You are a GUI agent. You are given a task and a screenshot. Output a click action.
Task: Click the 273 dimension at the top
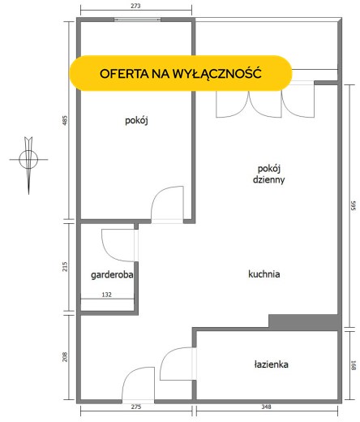point(135,6)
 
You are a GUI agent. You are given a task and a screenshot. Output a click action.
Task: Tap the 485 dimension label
point(65,120)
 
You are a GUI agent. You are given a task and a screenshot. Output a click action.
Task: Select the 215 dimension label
point(65,267)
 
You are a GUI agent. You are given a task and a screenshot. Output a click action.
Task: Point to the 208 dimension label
point(65,357)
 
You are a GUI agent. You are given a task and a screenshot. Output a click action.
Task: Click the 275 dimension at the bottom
point(136,407)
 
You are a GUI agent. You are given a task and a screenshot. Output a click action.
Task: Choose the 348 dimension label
point(266,407)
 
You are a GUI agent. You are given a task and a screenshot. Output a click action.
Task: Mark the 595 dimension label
point(354,205)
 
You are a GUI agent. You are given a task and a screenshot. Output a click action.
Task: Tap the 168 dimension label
point(354,365)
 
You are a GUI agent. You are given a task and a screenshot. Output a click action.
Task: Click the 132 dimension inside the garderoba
point(107,295)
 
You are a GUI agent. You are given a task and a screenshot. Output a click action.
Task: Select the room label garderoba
point(112,275)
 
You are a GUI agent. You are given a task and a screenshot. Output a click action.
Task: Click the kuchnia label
point(264,274)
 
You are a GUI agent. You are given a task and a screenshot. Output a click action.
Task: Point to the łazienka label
point(272,364)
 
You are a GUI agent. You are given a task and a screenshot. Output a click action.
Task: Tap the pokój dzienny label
point(268,174)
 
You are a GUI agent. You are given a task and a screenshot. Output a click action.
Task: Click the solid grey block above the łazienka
point(303,321)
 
